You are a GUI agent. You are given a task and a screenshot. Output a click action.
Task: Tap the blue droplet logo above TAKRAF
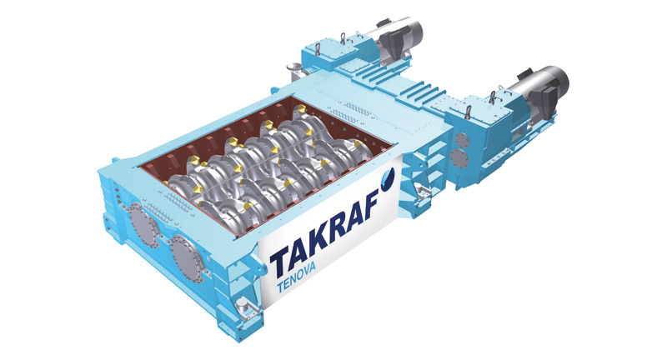[x=388, y=177]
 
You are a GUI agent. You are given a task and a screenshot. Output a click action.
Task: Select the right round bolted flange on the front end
[x=185, y=259]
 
